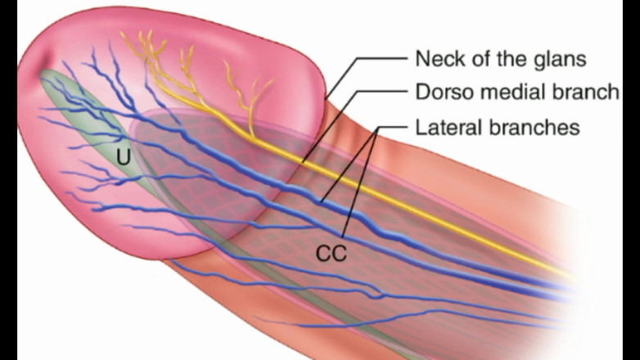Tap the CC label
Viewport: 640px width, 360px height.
tap(331, 254)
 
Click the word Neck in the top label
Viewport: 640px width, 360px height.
tap(439, 59)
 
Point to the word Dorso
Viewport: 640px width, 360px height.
tap(442, 92)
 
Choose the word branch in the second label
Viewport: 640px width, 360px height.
tap(589, 92)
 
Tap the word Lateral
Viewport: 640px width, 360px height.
tap(445, 127)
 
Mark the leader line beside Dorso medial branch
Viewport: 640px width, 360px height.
tap(385, 92)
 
